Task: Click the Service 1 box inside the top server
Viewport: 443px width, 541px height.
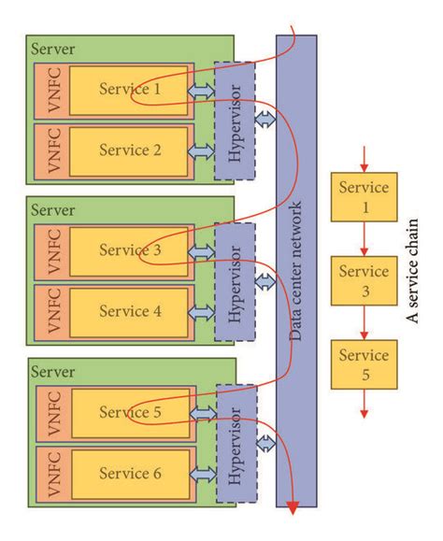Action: pyautogui.click(x=130, y=90)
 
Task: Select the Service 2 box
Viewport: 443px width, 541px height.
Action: pyautogui.click(x=130, y=149)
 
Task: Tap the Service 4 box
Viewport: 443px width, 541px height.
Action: pyautogui.click(x=130, y=311)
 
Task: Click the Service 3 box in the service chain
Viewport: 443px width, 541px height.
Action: pyautogui.click(x=364, y=280)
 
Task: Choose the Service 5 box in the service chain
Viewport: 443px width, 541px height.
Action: pyautogui.click(x=364, y=365)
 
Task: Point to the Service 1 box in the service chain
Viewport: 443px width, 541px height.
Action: pyautogui.click(x=364, y=195)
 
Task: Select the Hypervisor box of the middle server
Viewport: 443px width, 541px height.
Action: pyautogui.click(x=235, y=281)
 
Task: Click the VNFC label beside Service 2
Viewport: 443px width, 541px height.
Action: pyautogui.click(x=48, y=149)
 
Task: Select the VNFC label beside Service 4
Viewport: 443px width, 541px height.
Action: pyautogui.click(x=48, y=311)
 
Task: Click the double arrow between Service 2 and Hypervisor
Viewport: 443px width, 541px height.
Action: pyautogui.click(x=201, y=150)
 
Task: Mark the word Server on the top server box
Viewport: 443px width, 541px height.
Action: pyautogui.click(x=53, y=48)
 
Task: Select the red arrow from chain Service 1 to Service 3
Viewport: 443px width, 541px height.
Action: pyautogui.click(x=364, y=239)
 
